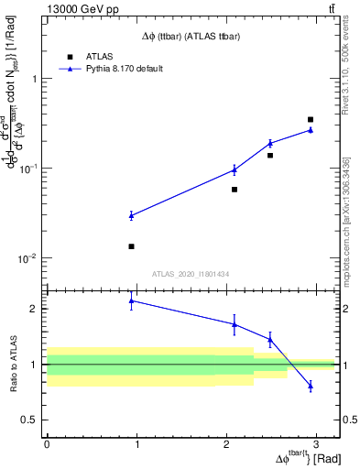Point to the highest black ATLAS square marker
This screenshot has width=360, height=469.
(311, 119)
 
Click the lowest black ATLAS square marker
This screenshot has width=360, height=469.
(131, 246)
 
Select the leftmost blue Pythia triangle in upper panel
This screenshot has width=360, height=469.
(131, 215)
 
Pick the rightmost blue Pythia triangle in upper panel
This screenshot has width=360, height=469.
(311, 130)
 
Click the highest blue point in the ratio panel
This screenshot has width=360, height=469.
(131, 300)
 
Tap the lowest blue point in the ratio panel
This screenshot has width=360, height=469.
(311, 386)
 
